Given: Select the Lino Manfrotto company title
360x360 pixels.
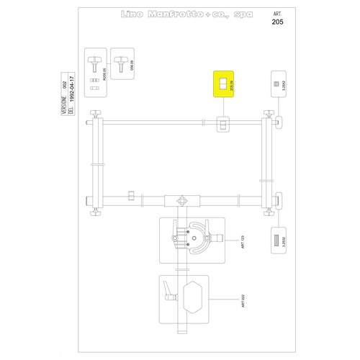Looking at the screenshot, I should pos(177,15).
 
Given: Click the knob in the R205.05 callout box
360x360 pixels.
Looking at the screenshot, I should pos(94,59).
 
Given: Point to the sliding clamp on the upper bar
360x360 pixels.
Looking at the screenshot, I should pos(224,125).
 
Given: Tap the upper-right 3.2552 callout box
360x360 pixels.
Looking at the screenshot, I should pos(279,85).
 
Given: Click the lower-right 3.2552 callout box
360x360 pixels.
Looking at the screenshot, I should pos(279,240).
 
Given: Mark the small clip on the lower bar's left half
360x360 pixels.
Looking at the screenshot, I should pos(130,195).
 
